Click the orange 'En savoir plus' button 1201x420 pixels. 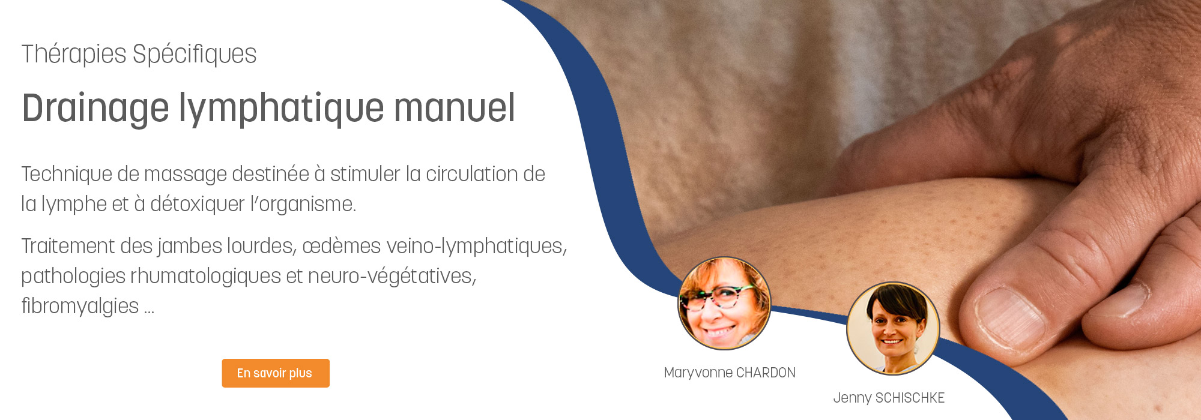click(276, 373)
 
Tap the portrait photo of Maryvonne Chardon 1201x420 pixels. click(724, 304)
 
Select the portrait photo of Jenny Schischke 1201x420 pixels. click(893, 329)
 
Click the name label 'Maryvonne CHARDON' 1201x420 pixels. click(730, 373)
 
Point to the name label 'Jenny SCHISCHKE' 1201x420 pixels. click(889, 398)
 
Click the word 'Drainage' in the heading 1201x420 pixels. click(95, 109)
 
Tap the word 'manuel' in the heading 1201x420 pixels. click(455, 108)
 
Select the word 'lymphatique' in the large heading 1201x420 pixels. click(281, 109)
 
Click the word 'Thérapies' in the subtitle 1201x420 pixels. click(74, 54)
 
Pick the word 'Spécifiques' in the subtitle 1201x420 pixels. click(195, 54)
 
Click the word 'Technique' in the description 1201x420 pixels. click(66, 175)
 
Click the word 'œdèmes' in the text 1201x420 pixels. click(342, 246)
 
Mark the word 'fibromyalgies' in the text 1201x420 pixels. click(80, 306)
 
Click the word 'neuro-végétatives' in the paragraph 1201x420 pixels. click(392, 276)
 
